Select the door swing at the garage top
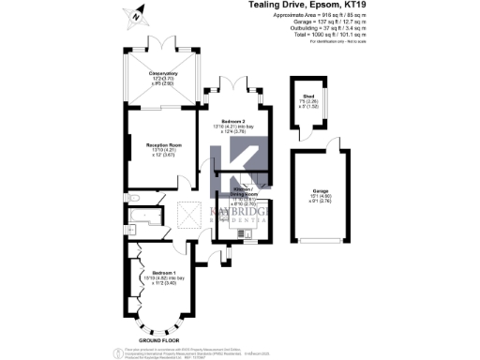tap(319, 149)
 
